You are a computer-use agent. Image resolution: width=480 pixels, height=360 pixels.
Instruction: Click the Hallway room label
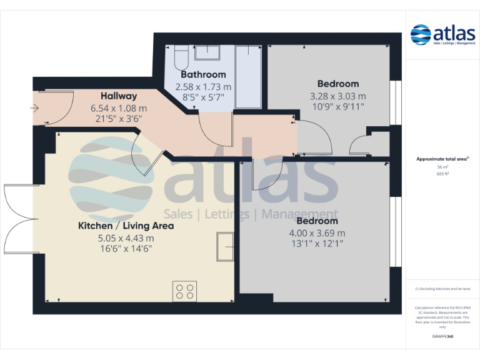[x=119, y=96]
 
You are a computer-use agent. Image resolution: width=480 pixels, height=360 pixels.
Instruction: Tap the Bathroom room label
[x=203, y=75]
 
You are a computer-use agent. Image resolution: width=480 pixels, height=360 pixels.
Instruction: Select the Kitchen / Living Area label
[x=126, y=226]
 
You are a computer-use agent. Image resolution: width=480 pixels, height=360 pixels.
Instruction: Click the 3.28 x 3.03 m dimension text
[x=338, y=96]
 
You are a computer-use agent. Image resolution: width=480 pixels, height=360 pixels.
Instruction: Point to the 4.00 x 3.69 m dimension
[x=317, y=233]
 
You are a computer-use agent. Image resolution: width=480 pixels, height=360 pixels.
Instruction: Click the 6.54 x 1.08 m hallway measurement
[x=119, y=107]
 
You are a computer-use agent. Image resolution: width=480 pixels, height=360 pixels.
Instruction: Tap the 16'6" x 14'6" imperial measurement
[x=125, y=248]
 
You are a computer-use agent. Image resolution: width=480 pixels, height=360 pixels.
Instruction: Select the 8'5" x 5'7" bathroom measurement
[x=203, y=97]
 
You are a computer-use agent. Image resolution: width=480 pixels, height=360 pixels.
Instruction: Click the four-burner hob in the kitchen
[x=185, y=290]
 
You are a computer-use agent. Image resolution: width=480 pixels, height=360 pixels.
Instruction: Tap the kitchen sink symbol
[x=224, y=245]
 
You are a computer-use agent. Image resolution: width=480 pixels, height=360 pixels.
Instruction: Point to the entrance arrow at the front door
[x=33, y=108]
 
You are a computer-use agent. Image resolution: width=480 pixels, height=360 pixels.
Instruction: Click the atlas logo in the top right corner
[x=442, y=35]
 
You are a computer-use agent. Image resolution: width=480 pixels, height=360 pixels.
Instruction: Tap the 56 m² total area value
[x=442, y=167]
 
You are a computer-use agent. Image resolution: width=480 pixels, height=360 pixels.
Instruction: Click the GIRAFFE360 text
[x=442, y=337]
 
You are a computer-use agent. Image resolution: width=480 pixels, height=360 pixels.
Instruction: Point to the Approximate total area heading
[x=442, y=159]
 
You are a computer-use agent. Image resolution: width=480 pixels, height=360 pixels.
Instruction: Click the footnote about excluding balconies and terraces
[x=442, y=289]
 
